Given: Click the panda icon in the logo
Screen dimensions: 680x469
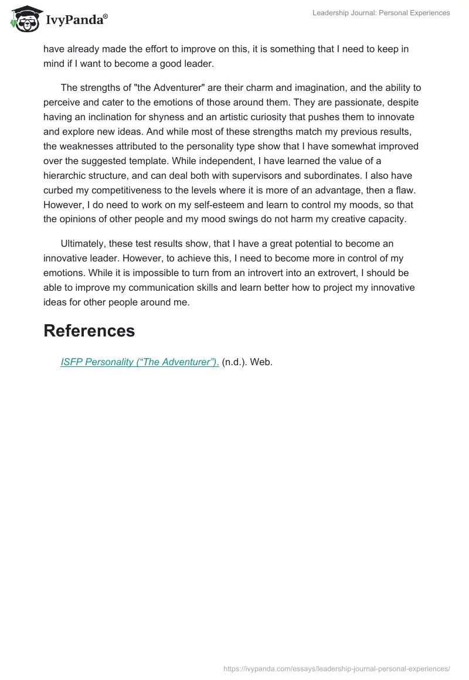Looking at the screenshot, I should (x=23, y=19).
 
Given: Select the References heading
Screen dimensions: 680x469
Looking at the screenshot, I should (x=89, y=331).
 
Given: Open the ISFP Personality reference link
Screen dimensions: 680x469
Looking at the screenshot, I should (x=140, y=362).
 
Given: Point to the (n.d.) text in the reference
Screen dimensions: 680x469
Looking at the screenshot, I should (x=235, y=362).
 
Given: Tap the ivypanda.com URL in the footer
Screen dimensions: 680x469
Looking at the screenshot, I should (x=337, y=668).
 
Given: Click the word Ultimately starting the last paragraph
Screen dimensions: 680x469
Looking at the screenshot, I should (x=86, y=243).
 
